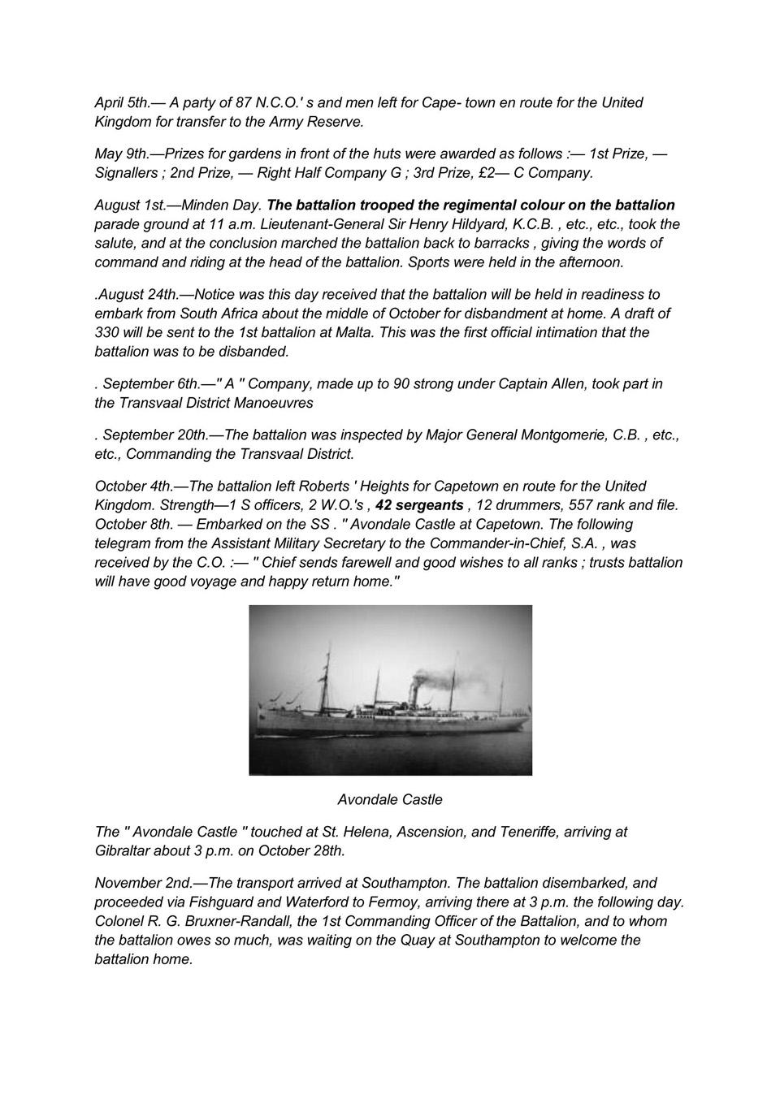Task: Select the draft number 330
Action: (x=107, y=332)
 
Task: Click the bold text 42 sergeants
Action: (x=419, y=505)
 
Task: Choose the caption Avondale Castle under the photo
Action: (x=390, y=800)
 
